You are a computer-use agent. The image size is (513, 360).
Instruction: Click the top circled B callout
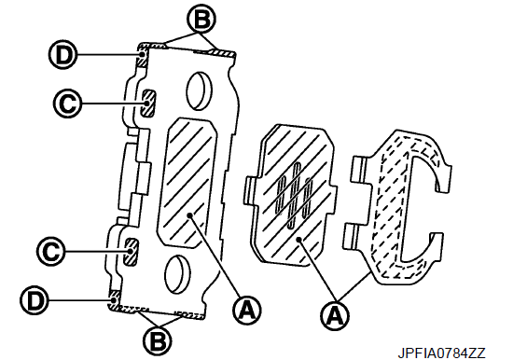point(201,20)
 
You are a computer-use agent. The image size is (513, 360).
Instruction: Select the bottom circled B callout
point(158,341)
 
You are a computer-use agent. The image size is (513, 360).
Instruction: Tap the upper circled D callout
point(62,55)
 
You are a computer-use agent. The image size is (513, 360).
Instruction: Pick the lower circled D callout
point(35,300)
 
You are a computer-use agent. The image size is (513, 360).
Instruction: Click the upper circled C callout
point(67,104)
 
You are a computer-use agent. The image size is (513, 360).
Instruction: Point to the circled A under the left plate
point(247,311)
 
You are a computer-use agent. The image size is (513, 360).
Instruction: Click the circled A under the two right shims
point(335,316)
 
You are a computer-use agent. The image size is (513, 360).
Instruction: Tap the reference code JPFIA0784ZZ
point(442,353)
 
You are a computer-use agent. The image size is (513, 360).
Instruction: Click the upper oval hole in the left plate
point(199,90)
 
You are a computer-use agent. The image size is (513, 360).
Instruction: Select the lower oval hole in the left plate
point(177,274)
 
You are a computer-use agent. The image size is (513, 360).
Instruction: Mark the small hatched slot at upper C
point(148,104)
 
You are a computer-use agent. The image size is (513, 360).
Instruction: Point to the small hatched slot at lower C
point(131,252)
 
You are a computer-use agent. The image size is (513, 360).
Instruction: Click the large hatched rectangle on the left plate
point(187,182)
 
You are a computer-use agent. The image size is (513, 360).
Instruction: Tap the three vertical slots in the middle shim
point(295,196)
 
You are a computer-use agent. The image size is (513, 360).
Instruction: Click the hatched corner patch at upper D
point(143,57)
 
